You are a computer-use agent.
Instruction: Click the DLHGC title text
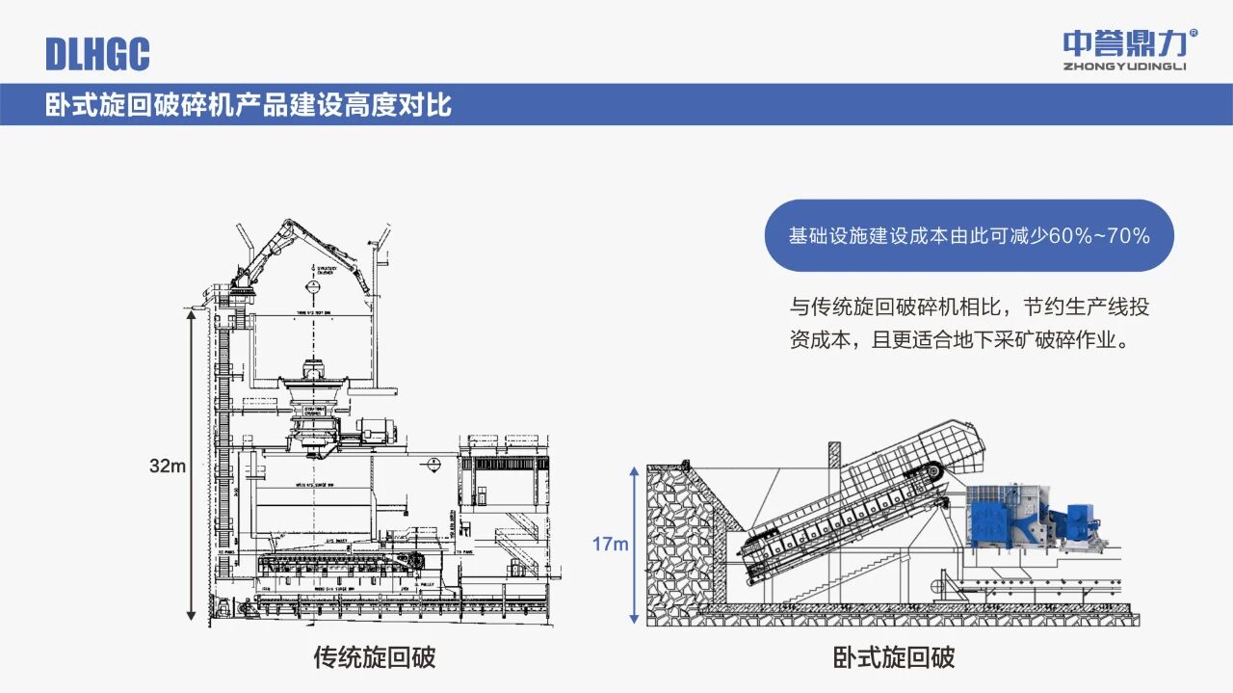point(97,53)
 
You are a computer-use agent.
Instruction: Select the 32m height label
point(167,466)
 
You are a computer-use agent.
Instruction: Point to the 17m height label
point(610,545)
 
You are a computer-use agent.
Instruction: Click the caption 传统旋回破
point(375,657)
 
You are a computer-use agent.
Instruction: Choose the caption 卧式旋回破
point(894,657)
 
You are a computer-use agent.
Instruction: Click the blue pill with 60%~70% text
point(969,235)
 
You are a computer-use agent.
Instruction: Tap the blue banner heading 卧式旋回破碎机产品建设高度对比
point(249,104)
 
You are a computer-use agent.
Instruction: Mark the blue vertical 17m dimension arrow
point(634,545)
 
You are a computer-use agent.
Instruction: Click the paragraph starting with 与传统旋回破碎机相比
point(969,324)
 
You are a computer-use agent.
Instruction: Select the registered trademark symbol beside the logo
point(1194,34)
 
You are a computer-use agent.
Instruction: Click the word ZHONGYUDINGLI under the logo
point(1124,67)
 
